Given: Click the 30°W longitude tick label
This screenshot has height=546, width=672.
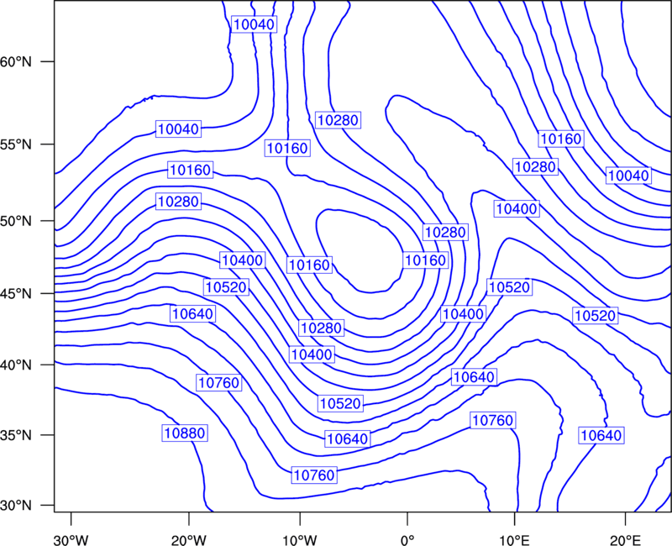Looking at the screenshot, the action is point(71,540).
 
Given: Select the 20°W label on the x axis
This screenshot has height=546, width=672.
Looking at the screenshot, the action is point(188,540).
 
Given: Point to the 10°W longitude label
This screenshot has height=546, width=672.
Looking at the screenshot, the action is point(299,540).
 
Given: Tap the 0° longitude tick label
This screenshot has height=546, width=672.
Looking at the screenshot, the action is point(407,540).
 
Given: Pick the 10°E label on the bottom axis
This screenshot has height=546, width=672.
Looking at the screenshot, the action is point(514,540).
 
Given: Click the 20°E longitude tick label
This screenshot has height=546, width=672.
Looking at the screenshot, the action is point(625,540).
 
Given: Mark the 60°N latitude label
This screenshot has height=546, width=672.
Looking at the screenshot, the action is point(16,61).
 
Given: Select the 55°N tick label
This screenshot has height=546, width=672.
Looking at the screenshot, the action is point(16,144).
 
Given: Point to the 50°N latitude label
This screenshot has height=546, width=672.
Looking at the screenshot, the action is point(16,221).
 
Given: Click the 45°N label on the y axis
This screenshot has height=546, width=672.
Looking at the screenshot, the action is point(16,293).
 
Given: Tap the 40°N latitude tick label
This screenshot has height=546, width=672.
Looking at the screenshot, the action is point(16,365).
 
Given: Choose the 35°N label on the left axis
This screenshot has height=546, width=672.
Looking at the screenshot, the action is point(16,435).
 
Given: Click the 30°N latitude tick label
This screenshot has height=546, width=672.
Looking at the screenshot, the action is point(16,506).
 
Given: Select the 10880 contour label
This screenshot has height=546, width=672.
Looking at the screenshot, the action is point(185,433).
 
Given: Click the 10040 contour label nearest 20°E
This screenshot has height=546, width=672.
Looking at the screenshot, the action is point(628,176).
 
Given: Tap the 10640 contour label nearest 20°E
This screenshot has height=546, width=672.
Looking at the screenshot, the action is point(601,435).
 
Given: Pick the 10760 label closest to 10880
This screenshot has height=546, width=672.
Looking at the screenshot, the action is point(219,382).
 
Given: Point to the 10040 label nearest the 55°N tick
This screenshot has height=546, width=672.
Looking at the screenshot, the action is point(178,129).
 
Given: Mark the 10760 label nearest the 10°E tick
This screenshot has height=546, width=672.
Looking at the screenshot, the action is point(492,420).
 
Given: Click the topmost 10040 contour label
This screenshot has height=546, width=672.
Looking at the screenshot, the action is point(254,24).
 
